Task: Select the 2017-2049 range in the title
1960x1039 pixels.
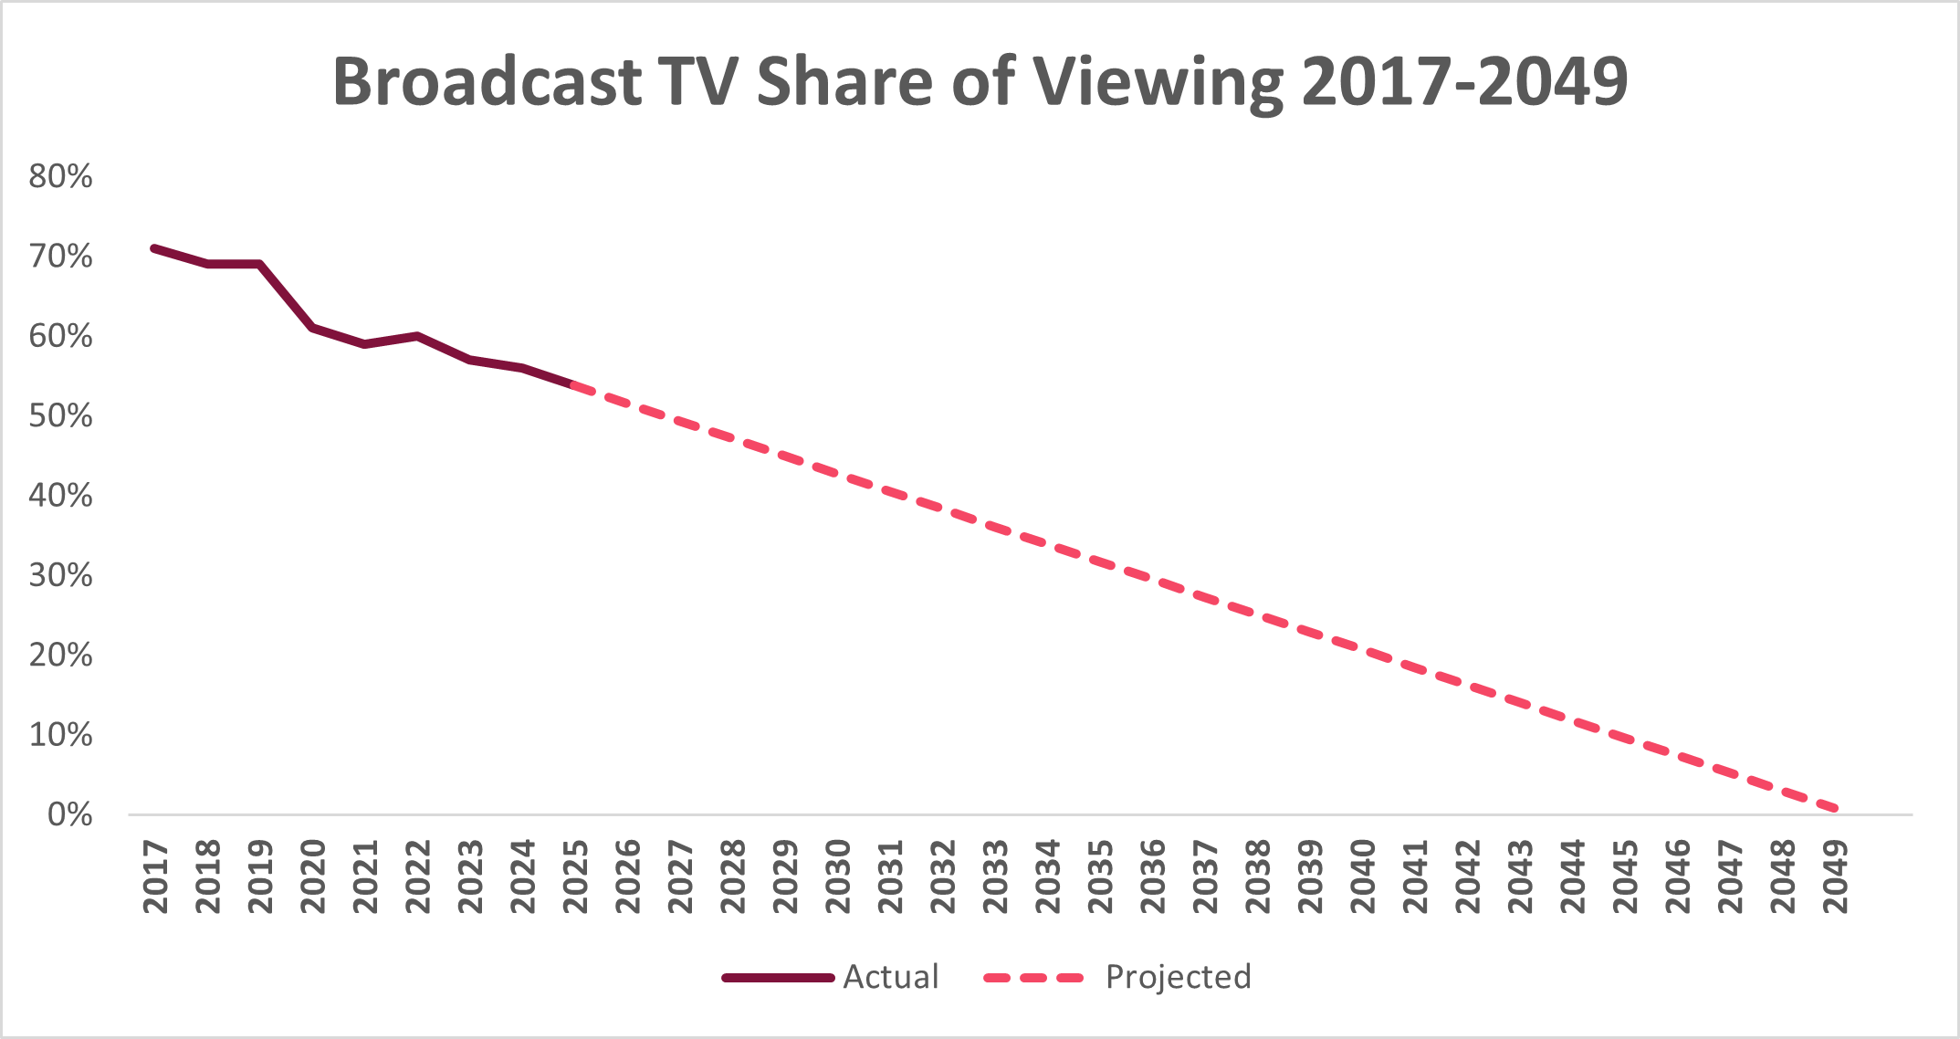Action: [1464, 82]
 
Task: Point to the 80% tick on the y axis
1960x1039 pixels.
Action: [61, 176]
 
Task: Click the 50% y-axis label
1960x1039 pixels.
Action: [61, 416]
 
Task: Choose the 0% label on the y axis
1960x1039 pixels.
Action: [69, 814]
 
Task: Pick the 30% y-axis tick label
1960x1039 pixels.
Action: [61, 575]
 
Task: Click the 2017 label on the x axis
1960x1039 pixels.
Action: [156, 876]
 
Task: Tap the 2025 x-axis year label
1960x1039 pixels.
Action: [576, 876]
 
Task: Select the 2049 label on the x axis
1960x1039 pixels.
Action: [1836, 876]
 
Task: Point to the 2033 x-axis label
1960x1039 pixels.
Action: [996, 876]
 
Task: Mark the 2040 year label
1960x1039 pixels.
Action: [1363, 876]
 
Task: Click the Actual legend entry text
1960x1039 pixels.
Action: [890, 977]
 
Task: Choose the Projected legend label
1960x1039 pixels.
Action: [1178, 977]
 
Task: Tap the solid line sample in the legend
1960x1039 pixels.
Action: [778, 978]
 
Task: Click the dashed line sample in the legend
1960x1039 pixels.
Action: [1033, 978]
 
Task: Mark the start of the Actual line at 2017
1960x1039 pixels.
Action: [154, 248]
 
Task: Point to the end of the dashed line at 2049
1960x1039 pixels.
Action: [1835, 809]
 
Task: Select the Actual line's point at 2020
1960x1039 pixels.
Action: [312, 327]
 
